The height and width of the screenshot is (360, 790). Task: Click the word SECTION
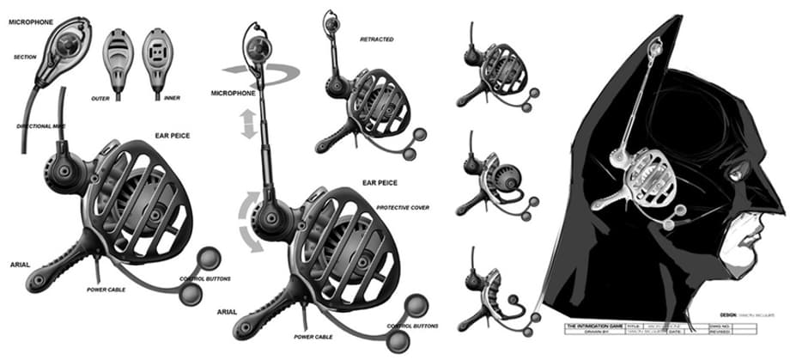coord(24,58)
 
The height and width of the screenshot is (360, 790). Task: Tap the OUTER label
coord(100,99)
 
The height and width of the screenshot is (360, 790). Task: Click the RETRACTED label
coord(377,39)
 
